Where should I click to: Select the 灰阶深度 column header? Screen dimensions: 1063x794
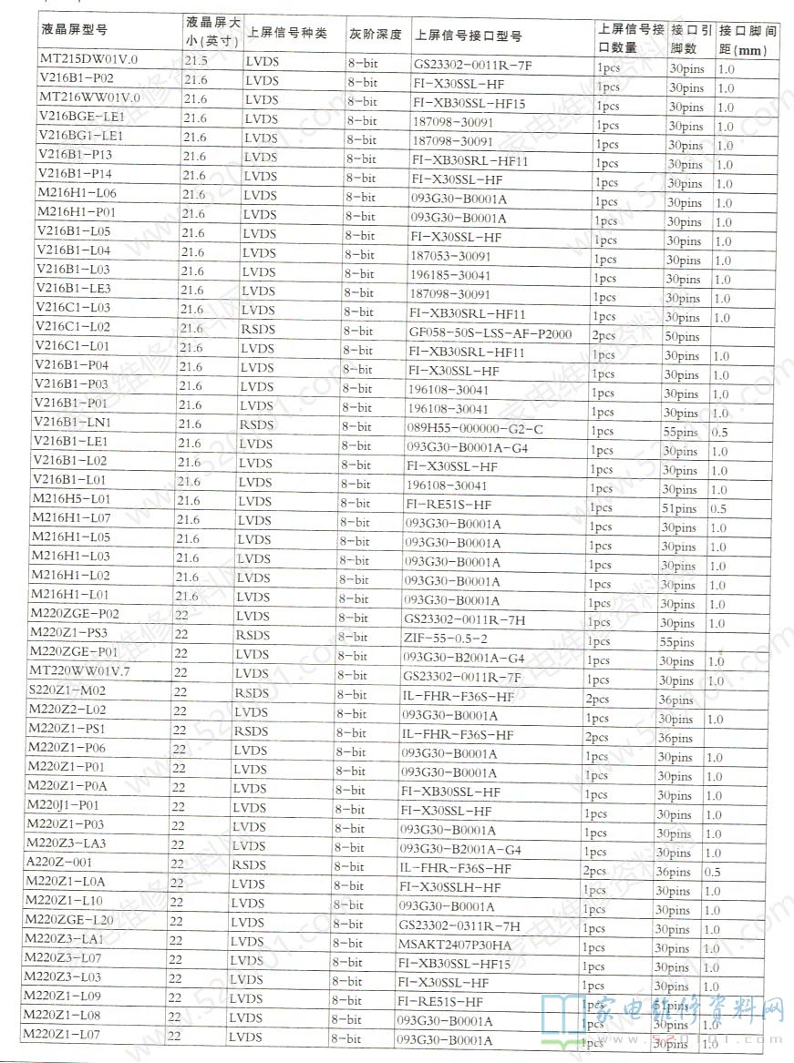(374, 35)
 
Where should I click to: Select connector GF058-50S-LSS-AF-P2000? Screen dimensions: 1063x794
(490, 333)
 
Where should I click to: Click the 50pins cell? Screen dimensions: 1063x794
(682, 336)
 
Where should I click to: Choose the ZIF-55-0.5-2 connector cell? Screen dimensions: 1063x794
(445, 639)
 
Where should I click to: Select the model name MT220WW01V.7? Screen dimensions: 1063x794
(80, 671)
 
